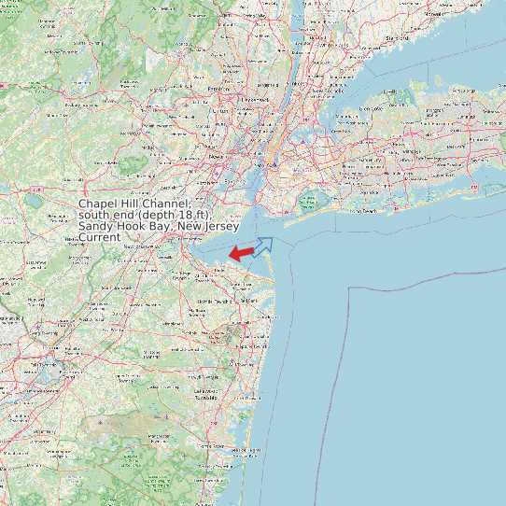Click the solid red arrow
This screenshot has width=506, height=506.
point(242,253)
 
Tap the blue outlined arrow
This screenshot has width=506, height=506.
point(264,246)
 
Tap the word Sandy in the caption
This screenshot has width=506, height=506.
point(95,226)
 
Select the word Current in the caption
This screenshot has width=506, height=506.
point(99,237)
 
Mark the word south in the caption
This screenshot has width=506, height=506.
point(95,215)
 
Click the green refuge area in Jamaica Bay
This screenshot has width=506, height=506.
point(308,200)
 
